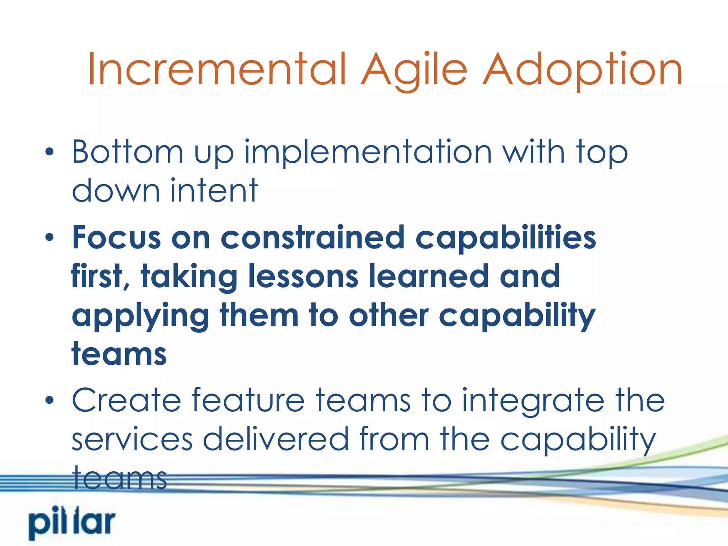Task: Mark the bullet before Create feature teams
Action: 50,401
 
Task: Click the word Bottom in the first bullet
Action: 128,152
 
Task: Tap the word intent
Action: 214,191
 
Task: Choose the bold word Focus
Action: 116,237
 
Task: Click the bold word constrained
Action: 312,237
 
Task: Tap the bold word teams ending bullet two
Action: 119,354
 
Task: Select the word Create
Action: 127,400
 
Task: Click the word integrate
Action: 533,401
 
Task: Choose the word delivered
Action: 275,439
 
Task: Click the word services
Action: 132,439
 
